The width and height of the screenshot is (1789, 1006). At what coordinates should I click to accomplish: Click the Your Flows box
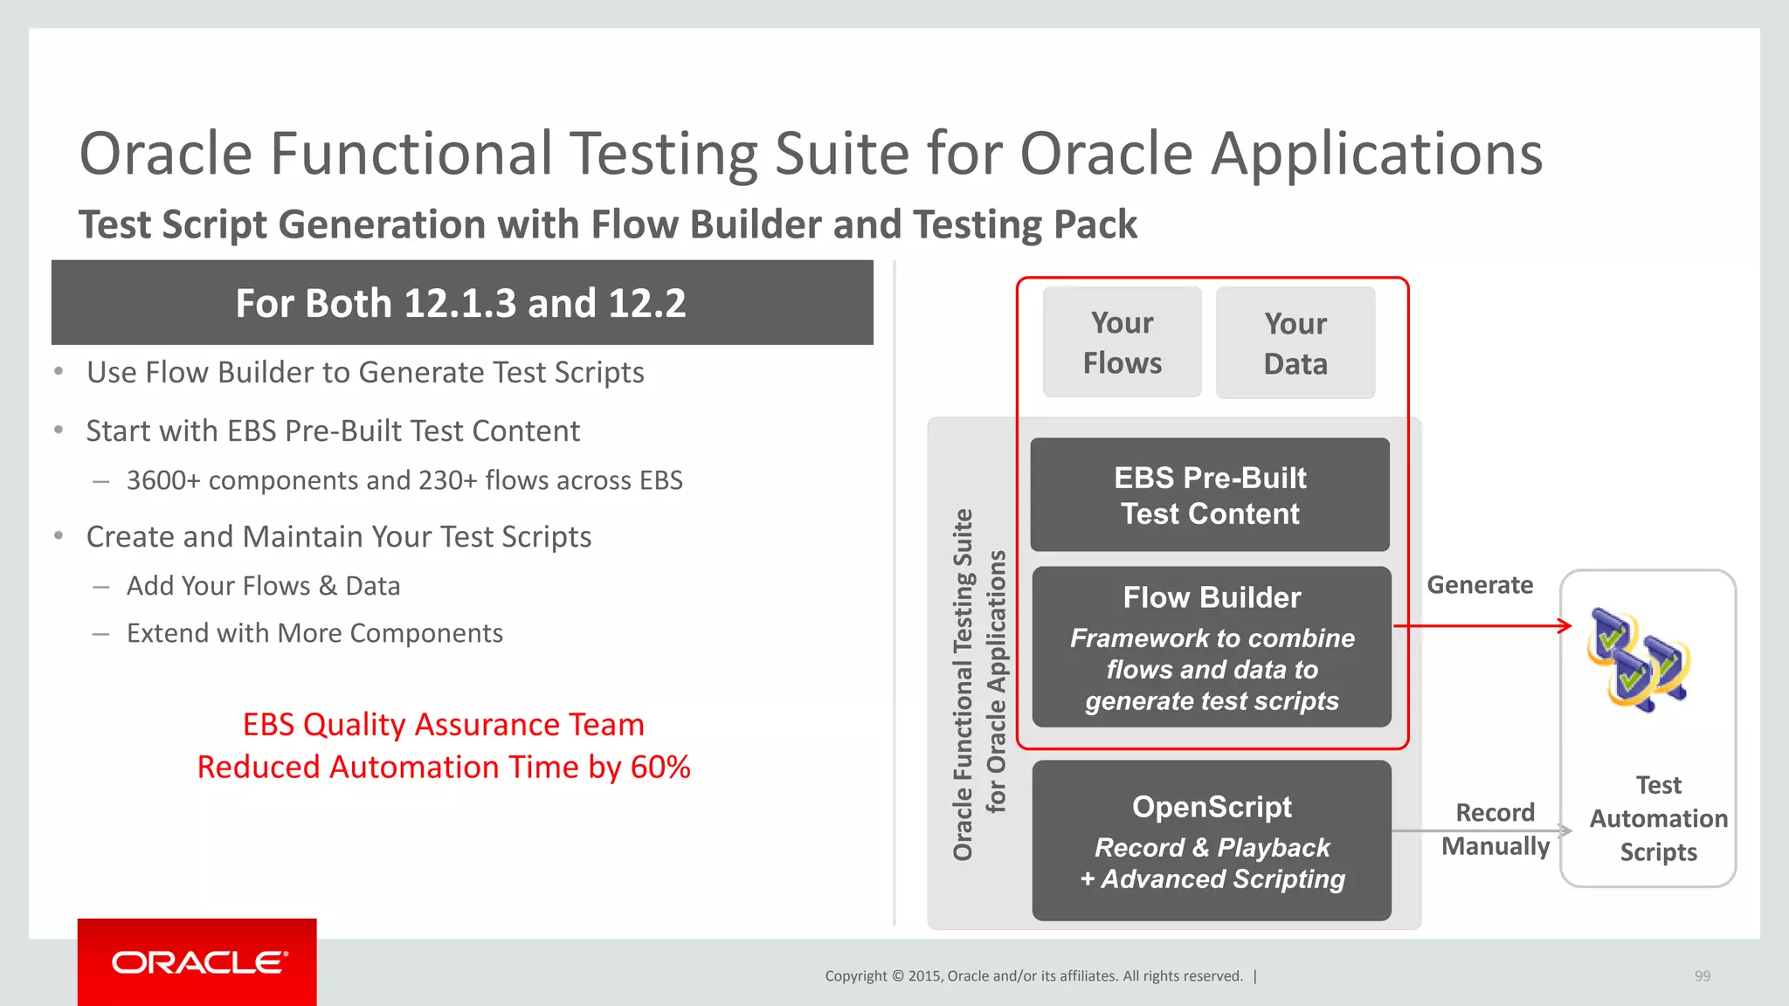(x=1122, y=342)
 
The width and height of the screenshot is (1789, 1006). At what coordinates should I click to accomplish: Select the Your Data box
(x=1295, y=343)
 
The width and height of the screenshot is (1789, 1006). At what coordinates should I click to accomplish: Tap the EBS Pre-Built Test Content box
(x=1210, y=495)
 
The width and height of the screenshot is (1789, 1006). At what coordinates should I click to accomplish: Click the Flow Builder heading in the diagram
(x=1212, y=597)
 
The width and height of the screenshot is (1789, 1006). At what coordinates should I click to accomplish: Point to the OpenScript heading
(x=1212, y=807)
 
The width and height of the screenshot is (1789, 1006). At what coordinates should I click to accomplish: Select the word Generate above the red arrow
(x=1480, y=585)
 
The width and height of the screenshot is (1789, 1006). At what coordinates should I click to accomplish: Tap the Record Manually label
(x=1495, y=830)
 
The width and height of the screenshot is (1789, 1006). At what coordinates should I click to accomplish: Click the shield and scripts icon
(x=1639, y=660)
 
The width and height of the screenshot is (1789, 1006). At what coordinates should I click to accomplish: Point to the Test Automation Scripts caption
(x=1658, y=818)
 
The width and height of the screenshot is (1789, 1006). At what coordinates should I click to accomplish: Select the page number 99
(x=1703, y=976)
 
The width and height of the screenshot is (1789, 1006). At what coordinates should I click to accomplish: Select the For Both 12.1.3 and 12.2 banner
(x=461, y=303)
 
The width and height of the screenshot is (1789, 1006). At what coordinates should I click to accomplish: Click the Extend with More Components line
(x=314, y=633)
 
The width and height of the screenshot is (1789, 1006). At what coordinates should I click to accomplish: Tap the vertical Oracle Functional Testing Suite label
(x=963, y=685)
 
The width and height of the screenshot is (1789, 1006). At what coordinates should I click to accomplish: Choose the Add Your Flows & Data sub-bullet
(x=263, y=586)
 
